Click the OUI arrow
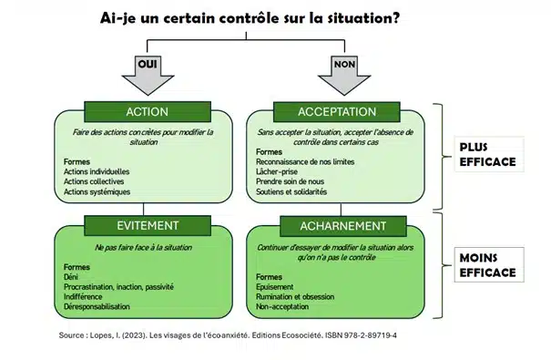click(x=148, y=71)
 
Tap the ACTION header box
click(x=147, y=111)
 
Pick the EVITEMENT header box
click(x=147, y=224)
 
